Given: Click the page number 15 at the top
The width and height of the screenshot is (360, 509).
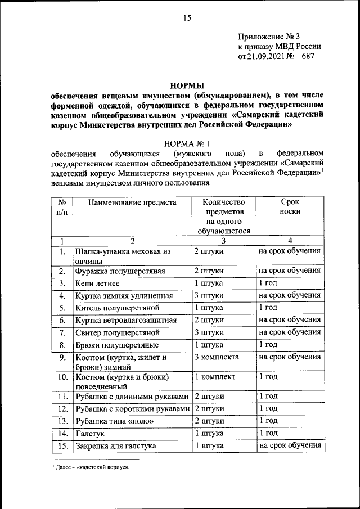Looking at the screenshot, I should point(187,18).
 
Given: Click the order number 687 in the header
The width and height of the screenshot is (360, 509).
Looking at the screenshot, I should point(309,56).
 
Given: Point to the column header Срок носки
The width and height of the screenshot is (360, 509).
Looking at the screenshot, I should point(290,207).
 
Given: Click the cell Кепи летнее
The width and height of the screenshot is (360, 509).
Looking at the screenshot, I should point(97,283).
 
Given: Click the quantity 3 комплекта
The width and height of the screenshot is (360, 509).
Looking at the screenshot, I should point(217,357).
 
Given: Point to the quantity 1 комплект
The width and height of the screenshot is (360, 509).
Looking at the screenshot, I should point(215,376).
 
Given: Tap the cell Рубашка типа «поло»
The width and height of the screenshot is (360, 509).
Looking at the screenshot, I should point(114,421).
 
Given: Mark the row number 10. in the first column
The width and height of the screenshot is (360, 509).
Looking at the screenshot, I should point(63,376).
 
